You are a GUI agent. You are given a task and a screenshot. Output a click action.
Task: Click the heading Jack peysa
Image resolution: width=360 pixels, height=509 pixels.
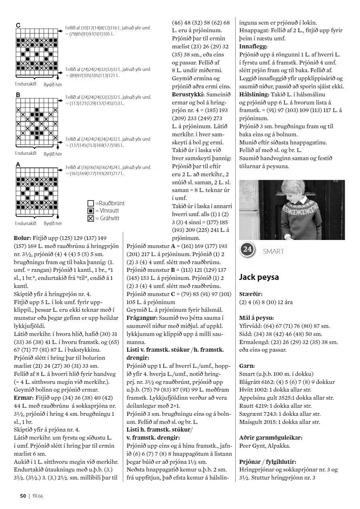pos(258,277)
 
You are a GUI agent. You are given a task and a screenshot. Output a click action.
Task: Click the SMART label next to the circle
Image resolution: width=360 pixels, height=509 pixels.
pos(274,251)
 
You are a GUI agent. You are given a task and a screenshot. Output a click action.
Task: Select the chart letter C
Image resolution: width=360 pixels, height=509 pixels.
pos(18,26)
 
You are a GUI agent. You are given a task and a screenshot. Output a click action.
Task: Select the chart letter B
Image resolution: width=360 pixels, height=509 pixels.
pos(18,95)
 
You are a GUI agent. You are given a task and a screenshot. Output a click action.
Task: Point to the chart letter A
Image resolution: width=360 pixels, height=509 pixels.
pos(18,165)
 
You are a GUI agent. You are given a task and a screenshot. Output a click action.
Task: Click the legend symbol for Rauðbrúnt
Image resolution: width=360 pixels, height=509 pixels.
pos(91,204)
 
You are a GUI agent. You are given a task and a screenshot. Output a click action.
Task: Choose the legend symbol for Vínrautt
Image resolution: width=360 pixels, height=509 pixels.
pos(91,211)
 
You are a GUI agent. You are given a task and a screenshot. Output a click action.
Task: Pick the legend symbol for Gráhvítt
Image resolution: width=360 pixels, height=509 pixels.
pos(91,219)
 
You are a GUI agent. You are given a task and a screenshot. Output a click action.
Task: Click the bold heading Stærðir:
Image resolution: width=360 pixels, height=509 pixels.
pos(250,294)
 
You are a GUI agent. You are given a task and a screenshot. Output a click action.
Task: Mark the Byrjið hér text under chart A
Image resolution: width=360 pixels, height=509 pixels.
pos(53,223)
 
